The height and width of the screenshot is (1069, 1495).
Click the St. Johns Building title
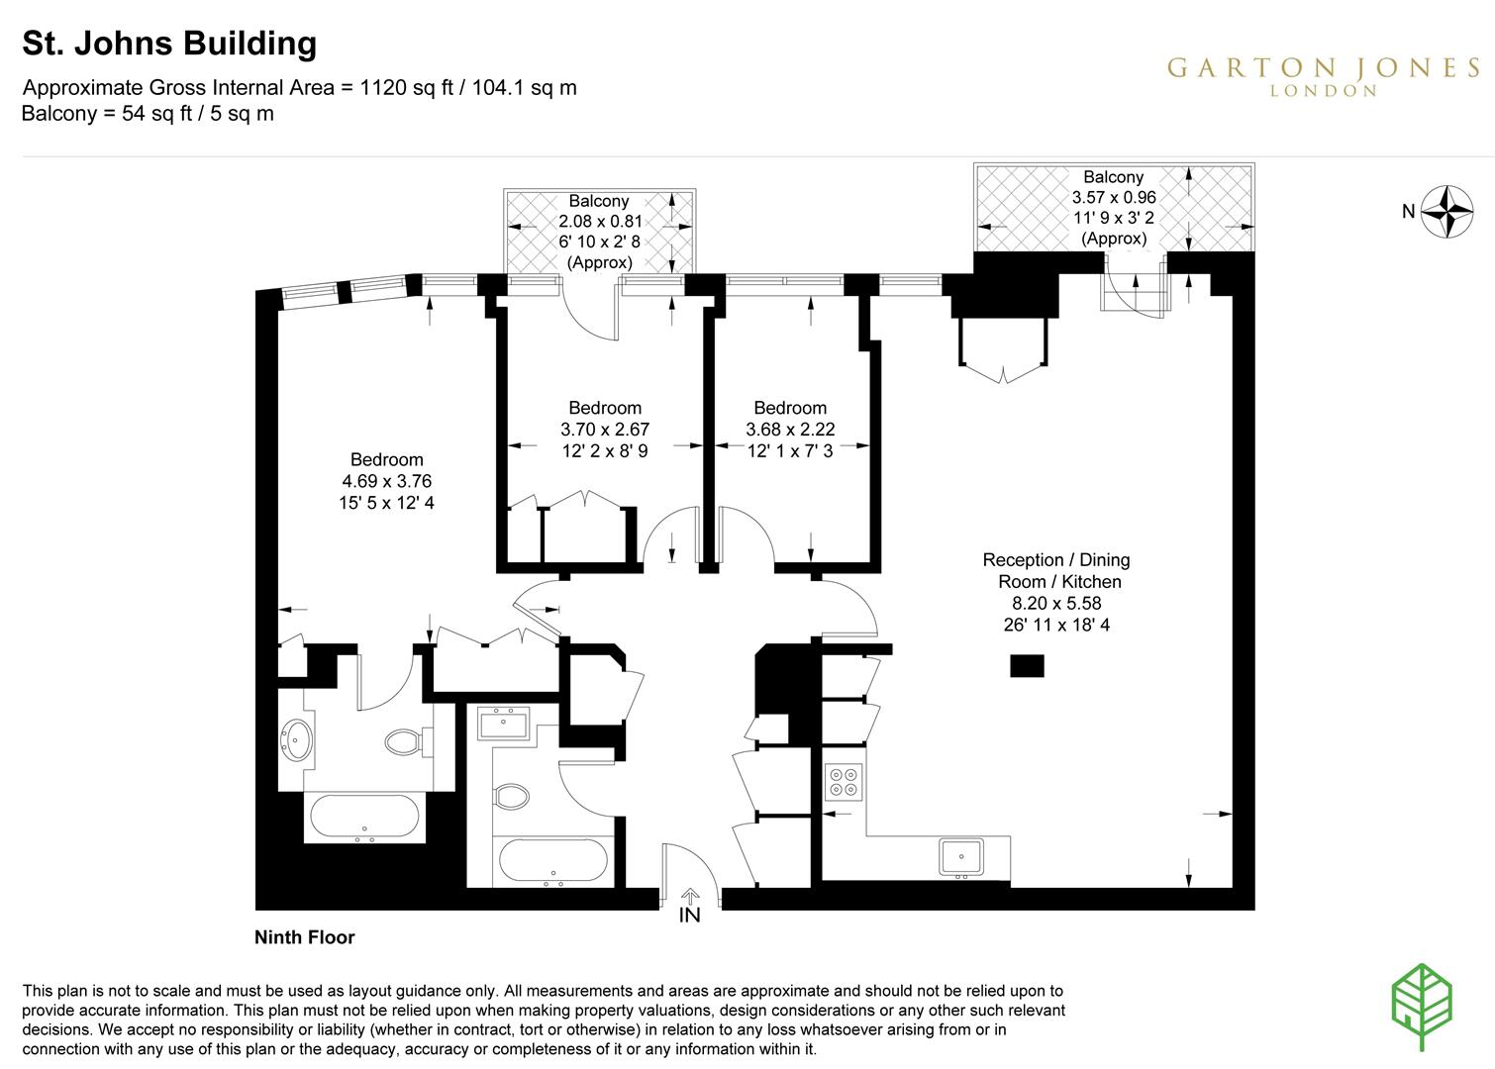(x=169, y=44)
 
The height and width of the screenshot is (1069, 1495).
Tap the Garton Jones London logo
(x=1323, y=75)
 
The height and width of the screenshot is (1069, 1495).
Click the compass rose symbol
(x=1446, y=211)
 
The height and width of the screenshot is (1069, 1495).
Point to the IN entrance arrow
(x=690, y=896)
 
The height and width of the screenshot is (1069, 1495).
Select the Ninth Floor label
(x=304, y=937)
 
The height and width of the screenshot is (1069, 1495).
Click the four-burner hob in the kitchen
(x=844, y=781)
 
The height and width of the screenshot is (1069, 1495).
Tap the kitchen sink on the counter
(x=960, y=856)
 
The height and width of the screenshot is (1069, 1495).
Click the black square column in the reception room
(x=1027, y=665)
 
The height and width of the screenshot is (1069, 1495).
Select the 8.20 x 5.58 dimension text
(x=1055, y=603)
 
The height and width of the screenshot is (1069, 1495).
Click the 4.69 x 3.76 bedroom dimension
(x=386, y=481)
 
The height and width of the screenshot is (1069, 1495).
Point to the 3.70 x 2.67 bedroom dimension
(x=604, y=430)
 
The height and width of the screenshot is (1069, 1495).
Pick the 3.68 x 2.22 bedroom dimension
(x=789, y=430)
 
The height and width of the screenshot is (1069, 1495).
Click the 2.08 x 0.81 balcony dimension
(x=600, y=222)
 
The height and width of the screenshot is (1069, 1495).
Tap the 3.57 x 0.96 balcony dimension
(x=1114, y=197)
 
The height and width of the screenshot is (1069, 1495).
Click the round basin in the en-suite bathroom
(x=297, y=737)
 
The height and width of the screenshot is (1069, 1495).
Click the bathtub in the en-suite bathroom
(x=364, y=818)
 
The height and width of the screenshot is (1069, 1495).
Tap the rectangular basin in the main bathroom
(x=503, y=724)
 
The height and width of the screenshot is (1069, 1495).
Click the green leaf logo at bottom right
(x=1422, y=1004)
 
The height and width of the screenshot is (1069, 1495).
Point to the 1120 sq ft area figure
(x=406, y=87)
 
